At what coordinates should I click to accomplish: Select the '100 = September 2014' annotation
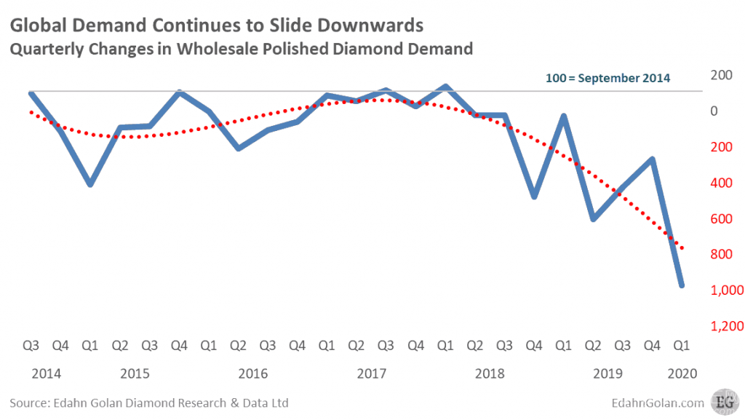[607, 77]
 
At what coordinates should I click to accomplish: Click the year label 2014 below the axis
[46, 373]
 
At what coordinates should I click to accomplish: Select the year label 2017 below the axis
[371, 373]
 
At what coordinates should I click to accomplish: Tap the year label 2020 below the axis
[682, 373]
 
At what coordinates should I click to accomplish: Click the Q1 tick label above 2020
[682, 346]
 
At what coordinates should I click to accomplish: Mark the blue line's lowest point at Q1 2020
[682, 285]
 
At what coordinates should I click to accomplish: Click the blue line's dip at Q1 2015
[90, 184]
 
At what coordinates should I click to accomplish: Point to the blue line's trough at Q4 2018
[534, 197]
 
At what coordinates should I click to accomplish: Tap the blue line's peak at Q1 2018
[445, 87]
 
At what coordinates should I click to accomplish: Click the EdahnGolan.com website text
[663, 403]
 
